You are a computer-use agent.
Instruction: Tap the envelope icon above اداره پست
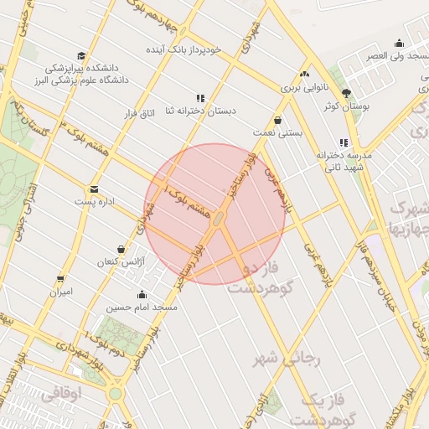tap(93, 189)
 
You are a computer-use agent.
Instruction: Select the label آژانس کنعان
tap(121, 262)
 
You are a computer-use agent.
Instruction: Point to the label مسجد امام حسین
tap(140, 308)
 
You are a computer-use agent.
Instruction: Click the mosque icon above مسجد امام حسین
tap(141, 294)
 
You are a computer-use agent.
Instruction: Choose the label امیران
tap(61, 292)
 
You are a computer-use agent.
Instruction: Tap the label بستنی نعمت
tap(277, 133)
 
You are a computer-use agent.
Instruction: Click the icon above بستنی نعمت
tap(277, 120)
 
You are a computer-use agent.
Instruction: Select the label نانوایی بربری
tap(305, 86)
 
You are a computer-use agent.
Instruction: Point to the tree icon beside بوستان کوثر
tap(347, 93)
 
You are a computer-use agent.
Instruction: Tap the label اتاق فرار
tap(140, 111)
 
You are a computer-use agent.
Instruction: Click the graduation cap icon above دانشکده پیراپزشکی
tap(80, 54)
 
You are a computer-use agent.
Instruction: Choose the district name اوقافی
tap(63, 392)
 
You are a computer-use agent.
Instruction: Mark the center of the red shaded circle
tap(214, 214)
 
